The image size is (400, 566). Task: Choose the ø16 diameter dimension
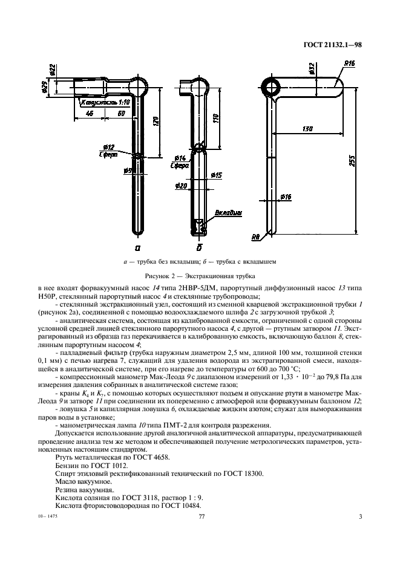click(286, 197)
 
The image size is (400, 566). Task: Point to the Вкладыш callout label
click(228, 213)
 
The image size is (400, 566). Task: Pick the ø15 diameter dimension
click(217, 175)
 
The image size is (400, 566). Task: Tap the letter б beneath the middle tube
click(199, 247)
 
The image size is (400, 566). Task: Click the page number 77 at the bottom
click(203, 516)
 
